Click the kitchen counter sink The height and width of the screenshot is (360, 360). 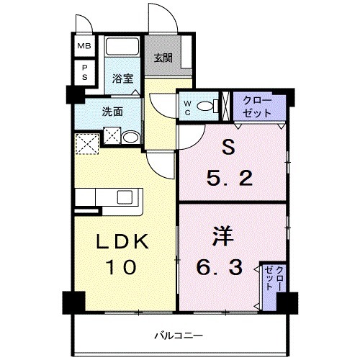(122, 196)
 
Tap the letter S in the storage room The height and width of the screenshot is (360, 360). (229, 148)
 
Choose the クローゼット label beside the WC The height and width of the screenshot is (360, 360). (258, 107)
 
